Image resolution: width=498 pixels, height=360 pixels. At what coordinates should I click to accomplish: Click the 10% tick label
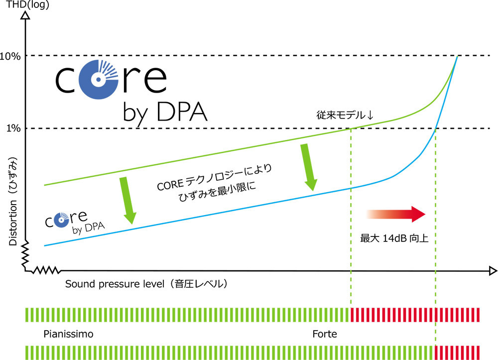pyautogui.click(x=10, y=56)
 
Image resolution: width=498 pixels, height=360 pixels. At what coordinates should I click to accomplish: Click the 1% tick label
pyautogui.click(x=13, y=128)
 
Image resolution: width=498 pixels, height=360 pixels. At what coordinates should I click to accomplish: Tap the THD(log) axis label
pyautogui.click(x=27, y=4)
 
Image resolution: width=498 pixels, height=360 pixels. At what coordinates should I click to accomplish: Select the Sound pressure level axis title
pyautogui.click(x=146, y=284)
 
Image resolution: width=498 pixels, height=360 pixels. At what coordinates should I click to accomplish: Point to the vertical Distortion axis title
pyautogui.click(x=13, y=201)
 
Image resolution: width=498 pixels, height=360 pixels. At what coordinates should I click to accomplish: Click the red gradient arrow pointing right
pyautogui.click(x=396, y=214)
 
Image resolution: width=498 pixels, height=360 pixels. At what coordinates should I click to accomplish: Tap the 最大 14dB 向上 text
pyautogui.click(x=394, y=238)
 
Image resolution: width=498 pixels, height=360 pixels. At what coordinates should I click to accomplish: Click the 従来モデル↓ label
pyautogui.click(x=345, y=115)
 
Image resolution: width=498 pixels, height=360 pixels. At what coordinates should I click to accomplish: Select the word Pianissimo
pyautogui.click(x=68, y=334)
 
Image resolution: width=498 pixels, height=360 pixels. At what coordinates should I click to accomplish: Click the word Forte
pyautogui.click(x=325, y=334)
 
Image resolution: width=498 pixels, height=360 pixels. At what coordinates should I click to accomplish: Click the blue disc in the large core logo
pyautogui.click(x=99, y=79)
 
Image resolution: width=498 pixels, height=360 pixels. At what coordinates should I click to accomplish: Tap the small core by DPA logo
pyautogui.click(x=75, y=222)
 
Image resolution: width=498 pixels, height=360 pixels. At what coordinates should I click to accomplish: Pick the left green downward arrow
pyautogui.click(x=127, y=200)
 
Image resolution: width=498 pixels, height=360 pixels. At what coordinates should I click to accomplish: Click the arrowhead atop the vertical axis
pyautogui.click(x=25, y=15)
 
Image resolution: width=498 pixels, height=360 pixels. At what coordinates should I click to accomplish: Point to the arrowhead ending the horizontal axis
pyautogui.click(x=493, y=271)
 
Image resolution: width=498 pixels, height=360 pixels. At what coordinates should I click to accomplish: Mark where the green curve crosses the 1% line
pyautogui.click(x=351, y=128)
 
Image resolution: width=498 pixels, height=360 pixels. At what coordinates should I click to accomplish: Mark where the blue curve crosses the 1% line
pyautogui.click(x=435, y=128)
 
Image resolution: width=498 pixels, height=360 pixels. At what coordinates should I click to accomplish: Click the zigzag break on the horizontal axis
pyautogui.click(x=46, y=270)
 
